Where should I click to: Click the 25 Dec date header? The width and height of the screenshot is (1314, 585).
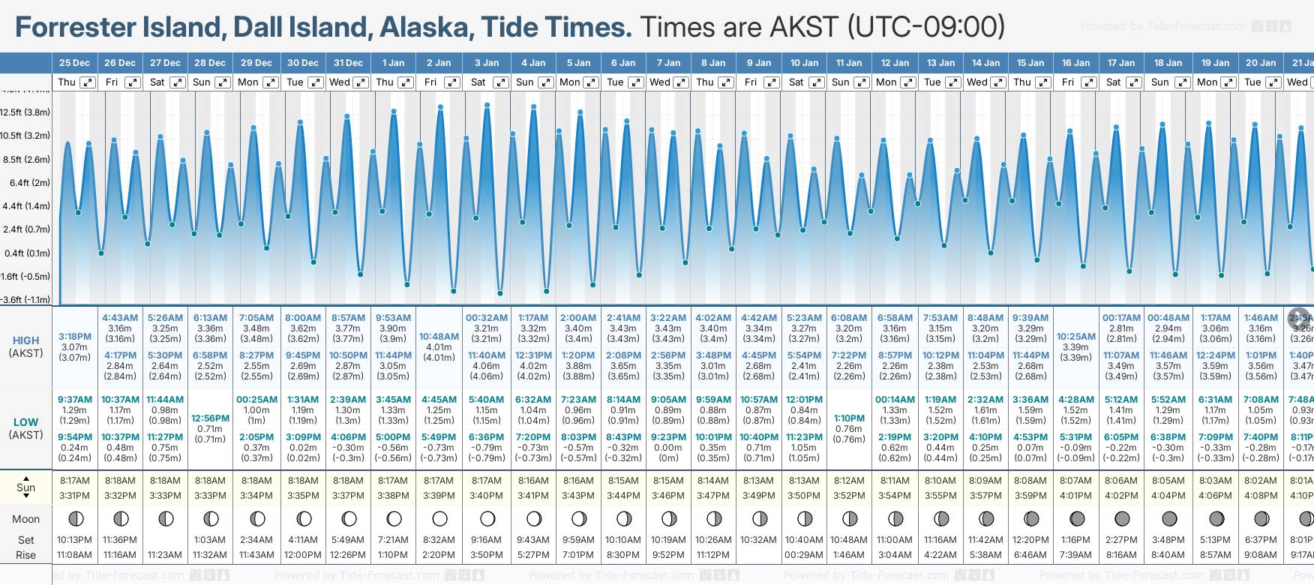[x=74, y=63]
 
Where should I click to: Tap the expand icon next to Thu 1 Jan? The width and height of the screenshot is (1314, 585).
[x=406, y=82]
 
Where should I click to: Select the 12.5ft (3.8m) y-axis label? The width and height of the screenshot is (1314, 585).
[x=25, y=112]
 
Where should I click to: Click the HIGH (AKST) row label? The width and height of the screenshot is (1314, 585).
[x=25, y=346]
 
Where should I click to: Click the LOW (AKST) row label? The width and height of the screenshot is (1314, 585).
[x=25, y=428]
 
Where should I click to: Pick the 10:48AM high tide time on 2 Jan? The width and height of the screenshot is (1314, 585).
[x=439, y=337]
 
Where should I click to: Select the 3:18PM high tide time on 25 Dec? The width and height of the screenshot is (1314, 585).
[x=75, y=337]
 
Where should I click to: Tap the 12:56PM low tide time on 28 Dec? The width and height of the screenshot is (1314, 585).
[x=210, y=418]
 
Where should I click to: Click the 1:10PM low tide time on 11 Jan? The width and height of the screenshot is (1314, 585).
[x=849, y=418]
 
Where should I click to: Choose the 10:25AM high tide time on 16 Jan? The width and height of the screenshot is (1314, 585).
[x=1076, y=337]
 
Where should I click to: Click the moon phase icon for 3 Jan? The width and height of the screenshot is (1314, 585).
[x=487, y=518]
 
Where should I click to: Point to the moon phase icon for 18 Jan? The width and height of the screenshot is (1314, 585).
[x=1168, y=518]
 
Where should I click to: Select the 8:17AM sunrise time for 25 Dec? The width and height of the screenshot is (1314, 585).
[x=75, y=481]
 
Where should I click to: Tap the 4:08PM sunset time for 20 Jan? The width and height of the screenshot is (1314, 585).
[x=1261, y=496]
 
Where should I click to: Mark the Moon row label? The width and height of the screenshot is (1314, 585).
[x=25, y=519]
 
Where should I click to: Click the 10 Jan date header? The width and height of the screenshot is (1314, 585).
[x=804, y=63]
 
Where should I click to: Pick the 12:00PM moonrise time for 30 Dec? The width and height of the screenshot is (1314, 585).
[x=303, y=555]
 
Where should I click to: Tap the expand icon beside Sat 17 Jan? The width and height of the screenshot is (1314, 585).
[x=1134, y=82]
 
